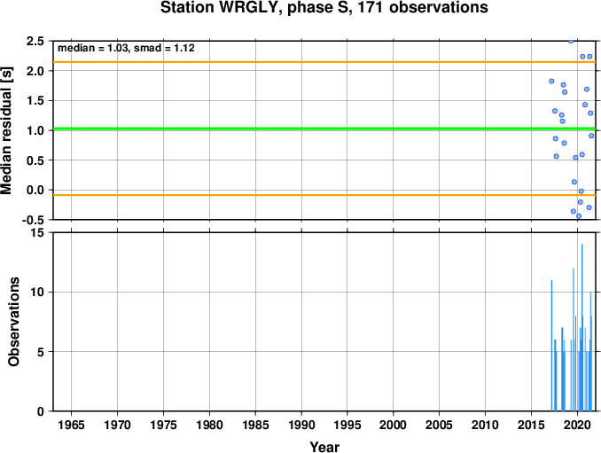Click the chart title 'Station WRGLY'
218,8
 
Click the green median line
324,129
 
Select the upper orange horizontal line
324,62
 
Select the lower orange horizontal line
324,195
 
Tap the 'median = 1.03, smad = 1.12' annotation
126,48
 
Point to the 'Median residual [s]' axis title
6,130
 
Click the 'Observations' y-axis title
14,322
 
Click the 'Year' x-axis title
324,447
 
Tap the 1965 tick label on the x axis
71,425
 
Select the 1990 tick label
301,425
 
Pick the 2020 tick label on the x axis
577,425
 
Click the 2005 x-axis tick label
440,425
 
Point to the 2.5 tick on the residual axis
35,41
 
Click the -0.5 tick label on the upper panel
33,220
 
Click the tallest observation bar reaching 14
581,328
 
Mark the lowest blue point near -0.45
579,216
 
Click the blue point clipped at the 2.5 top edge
571,41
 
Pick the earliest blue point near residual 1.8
551,82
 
